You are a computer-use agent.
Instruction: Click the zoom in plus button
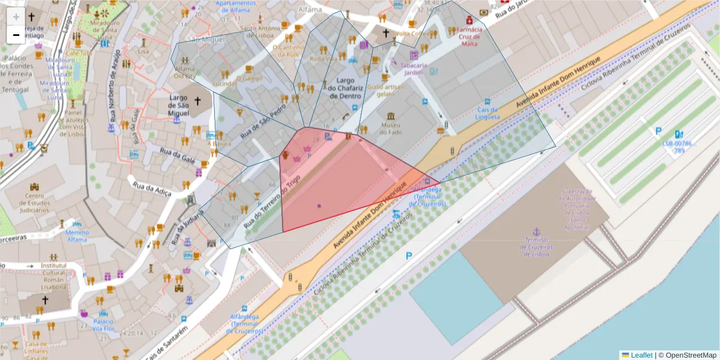pyautogui.click(x=16, y=17)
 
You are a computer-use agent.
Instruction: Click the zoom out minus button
pyautogui.click(x=16, y=35)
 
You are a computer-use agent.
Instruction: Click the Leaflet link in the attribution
pyautogui.click(x=641, y=355)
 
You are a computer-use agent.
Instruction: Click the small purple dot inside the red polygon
pyautogui.click(x=319, y=206)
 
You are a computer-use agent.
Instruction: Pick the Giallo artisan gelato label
pyautogui.click(x=386, y=90)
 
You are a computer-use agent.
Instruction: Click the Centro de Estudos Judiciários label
pyautogui.click(x=34, y=203)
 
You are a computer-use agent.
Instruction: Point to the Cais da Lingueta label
pyautogui.click(x=488, y=113)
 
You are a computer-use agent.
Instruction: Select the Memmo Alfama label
pyautogui.click(x=77, y=236)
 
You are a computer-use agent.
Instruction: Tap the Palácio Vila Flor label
pyautogui.click(x=104, y=325)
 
